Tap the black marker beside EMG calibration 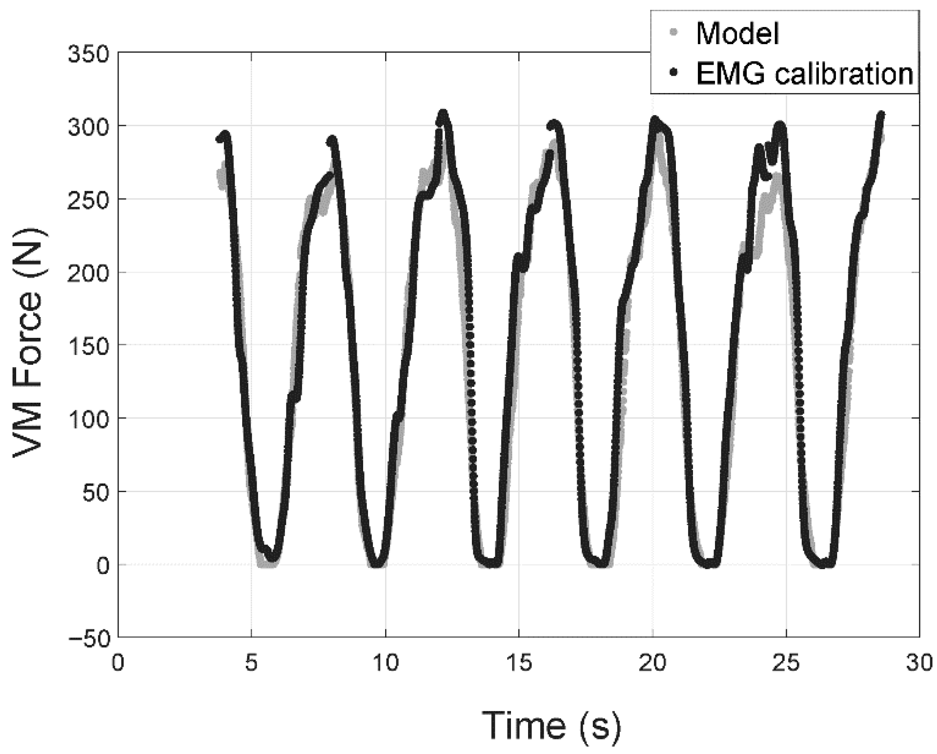(673, 72)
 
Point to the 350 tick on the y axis (88, 53)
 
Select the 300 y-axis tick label (88, 126)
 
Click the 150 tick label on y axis (88, 346)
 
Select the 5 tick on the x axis (251, 664)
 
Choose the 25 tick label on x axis (786, 664)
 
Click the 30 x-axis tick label (919, 664)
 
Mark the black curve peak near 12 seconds (443, 113)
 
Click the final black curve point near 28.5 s (881, 115)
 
